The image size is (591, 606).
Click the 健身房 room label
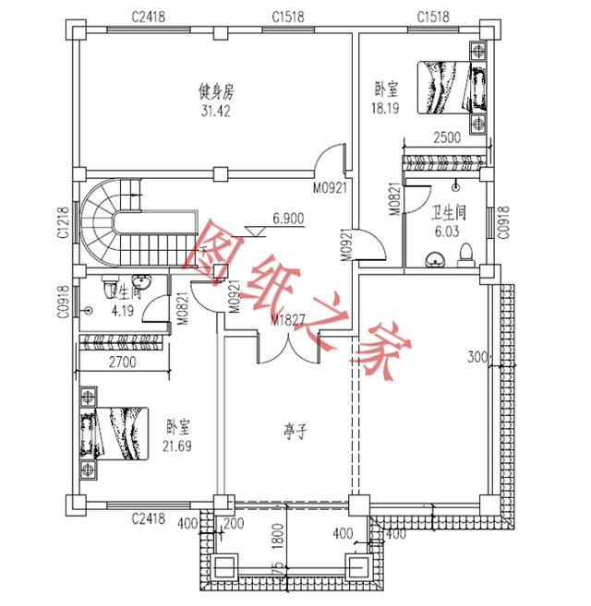click(218, 91)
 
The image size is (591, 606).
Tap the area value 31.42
click(218, 110)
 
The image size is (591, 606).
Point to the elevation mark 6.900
click(288, 220)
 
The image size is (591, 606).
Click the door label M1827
click(289, 319)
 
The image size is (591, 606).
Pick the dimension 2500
click(447, 138)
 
